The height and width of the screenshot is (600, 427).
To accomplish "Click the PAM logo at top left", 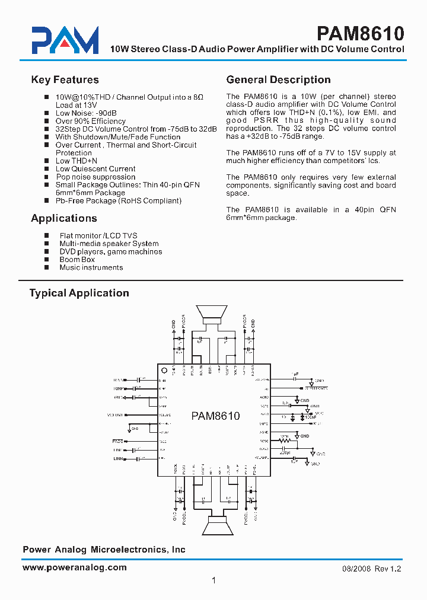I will click(65, 40).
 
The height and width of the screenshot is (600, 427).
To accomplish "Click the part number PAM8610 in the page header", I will click(360, 33).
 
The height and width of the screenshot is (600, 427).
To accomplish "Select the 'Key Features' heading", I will click(65, 80).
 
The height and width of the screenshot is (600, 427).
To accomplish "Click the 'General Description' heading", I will click(278, 80).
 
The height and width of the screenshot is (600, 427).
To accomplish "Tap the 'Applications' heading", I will click(63, 218).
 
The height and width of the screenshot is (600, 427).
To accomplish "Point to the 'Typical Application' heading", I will click(79, 293).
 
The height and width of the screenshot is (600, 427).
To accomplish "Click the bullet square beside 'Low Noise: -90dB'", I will click(47, 113).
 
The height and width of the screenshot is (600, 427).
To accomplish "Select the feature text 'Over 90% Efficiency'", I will click(90, 121).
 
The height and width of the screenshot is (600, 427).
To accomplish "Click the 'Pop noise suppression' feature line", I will click(95, 177).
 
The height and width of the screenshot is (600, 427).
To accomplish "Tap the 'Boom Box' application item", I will click(77, 260).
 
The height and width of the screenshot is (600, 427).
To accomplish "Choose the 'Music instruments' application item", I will click(91, 267).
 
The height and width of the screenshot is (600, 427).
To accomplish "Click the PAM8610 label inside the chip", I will click(215, 416).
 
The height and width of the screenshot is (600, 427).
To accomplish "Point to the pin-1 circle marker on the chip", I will click(163, 369).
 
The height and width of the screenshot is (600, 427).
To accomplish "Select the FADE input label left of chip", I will click(118, 442).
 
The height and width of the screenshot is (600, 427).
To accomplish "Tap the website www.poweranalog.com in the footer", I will click(75, 567).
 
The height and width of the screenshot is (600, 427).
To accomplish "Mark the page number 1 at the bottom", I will click(213, 580).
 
